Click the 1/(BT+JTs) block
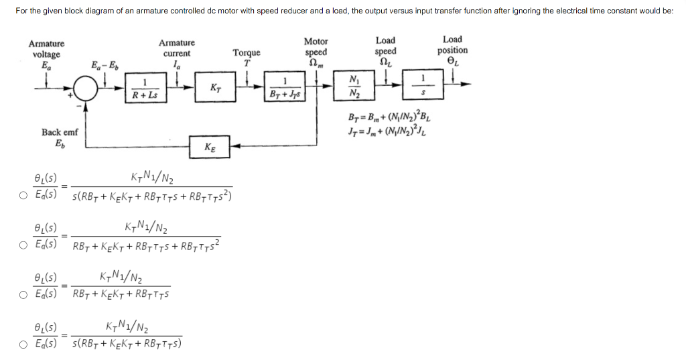click(x=285, y=88)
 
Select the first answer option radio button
click(x=23, y=195)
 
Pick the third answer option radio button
click(x=23, y=292)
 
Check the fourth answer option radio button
click(x=23, y=345)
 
